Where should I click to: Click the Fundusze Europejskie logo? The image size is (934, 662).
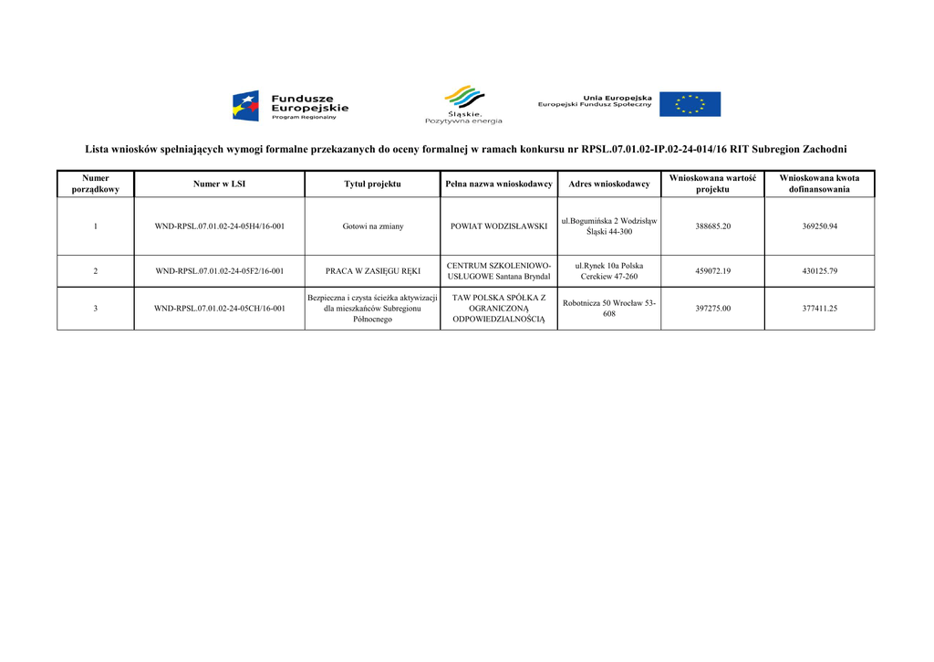coord(290,105)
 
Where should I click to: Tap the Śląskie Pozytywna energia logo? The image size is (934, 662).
coord(463,105)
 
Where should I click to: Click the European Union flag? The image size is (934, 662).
coord(690,104)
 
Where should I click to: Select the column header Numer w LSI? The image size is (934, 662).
coord(219,184)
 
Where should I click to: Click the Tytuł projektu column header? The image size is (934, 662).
coord(372,184)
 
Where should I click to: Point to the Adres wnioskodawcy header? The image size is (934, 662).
coord(608,184)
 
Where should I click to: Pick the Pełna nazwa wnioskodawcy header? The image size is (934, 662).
coord(499,184)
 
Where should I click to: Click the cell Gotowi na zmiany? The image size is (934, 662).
coord(372,226)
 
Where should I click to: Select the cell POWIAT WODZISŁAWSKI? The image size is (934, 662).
coord(499,226)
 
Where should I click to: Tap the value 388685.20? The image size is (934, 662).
coord(712,226)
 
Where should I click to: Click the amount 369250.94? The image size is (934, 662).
coord(819,226)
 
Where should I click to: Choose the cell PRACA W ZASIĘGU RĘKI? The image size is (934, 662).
coord(372,271)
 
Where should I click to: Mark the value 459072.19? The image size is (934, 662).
coord(712,271)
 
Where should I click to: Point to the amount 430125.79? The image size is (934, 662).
coord(819,271)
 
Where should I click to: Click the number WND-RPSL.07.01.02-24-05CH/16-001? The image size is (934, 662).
coord(219,309)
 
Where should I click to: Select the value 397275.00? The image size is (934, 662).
coord(712,309)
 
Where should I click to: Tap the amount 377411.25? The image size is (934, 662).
coord(819,309)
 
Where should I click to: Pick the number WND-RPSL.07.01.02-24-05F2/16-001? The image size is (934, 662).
coord(219,271)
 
